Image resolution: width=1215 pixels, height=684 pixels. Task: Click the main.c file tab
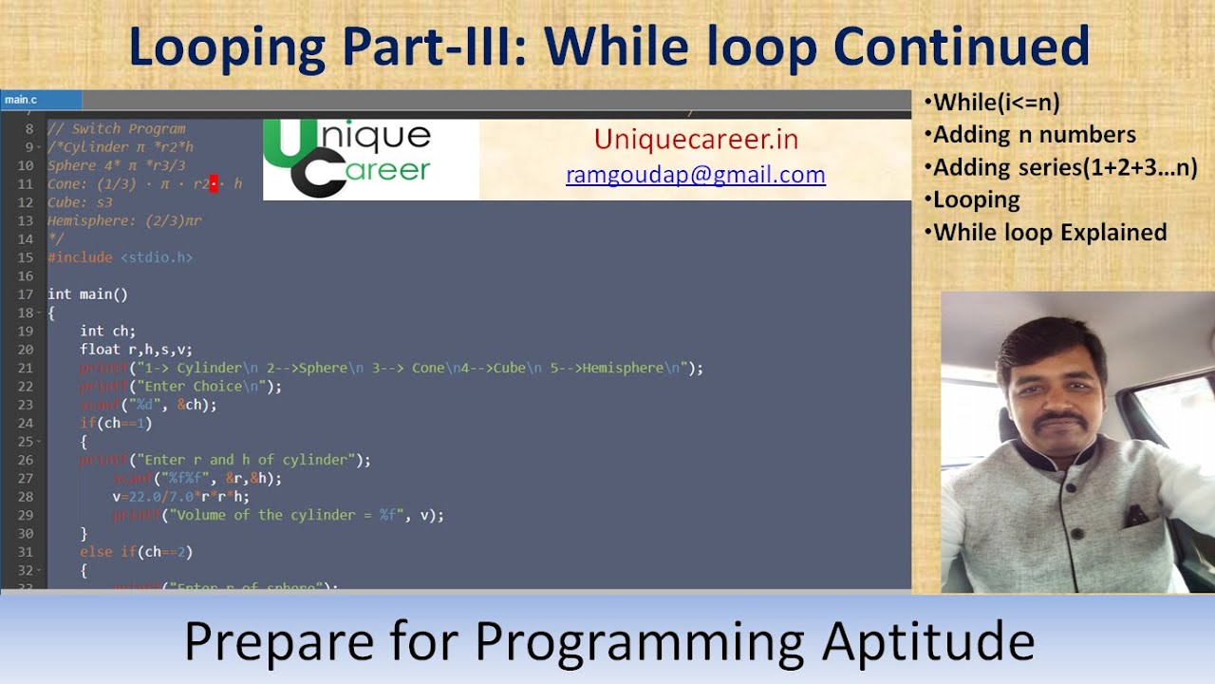[x=21, y=100]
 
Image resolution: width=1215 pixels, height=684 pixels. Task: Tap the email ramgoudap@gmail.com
[x=695, y=175]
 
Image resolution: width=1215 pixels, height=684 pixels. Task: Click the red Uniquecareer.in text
[x=696, y=140]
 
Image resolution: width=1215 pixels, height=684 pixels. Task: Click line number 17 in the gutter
[x=26, y=294]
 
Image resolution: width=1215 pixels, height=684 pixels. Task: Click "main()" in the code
[x=103, y=294]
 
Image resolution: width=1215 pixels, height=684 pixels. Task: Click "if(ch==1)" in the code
[x=116, y=424]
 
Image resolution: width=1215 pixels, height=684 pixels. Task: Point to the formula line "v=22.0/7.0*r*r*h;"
[x=180, y=497]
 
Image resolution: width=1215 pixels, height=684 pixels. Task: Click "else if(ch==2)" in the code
[x=137, y=552]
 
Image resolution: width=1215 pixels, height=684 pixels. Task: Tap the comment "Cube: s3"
[x=80, y=202]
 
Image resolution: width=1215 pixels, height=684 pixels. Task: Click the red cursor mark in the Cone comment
[x=214, y=183]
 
